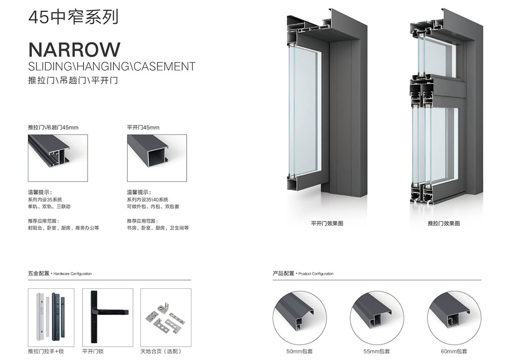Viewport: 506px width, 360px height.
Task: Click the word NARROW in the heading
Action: (74, 50)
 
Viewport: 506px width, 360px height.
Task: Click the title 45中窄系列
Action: (73, 17)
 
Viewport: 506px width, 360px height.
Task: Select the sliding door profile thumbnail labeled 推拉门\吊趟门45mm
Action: (58, 158)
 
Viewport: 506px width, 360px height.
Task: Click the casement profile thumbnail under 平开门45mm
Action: (157, 158)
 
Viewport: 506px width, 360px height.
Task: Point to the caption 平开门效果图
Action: (327, 223)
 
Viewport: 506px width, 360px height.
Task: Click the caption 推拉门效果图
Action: (444, 223)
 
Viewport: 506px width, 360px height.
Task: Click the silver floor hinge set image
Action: (165, 318)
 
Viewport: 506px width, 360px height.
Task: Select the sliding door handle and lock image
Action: (51, 318)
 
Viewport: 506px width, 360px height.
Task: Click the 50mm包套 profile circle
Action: (299, 318)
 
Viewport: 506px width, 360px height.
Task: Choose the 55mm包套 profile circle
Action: (376, 318)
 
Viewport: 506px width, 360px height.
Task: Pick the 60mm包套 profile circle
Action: (454, 318)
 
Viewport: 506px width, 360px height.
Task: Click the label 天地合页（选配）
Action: (161, 351)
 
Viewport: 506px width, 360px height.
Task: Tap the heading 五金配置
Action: (39, 273)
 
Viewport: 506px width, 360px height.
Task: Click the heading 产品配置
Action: (283, 273)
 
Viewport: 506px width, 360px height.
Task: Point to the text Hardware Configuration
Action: (72, 274)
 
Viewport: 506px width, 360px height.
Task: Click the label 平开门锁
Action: (93, 351)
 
